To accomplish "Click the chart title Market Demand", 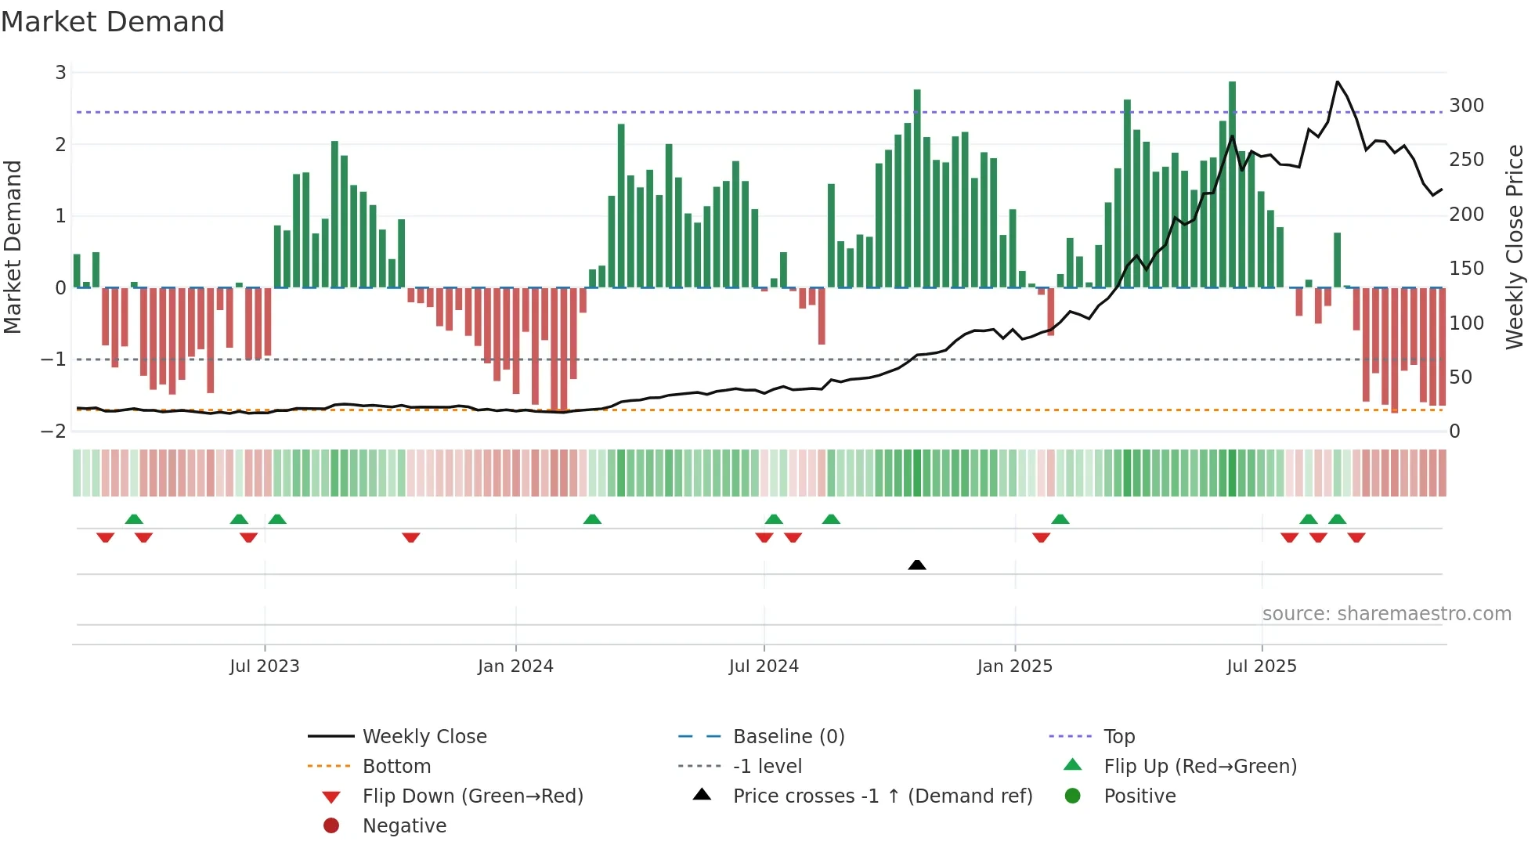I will [x=113, y=22].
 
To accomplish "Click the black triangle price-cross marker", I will [x=917, y=565].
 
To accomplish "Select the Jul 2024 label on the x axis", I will [x=764, y=666].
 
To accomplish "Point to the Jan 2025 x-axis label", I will [x=1015, y=666].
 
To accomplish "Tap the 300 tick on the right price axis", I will [x=1466, y=106].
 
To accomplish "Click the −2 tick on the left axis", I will [x=53, y=431].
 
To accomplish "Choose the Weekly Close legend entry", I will [x=424, y=737].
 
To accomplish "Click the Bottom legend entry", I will [x=396, y=767].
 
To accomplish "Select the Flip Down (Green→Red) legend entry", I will [x=472, y=796].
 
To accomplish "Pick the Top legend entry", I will [x=1119, y=737].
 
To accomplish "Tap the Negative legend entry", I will [x=404, y=826].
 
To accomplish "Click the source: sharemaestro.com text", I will [x=1386, y=614].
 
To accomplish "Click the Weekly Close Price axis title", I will [x=1515, y=247].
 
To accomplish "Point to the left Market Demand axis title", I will [x=13, y=247].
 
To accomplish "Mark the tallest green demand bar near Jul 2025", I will [x=1232, y=184].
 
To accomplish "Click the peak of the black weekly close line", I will [x=1338, y=81].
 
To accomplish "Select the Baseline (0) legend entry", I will [x=788, y=737].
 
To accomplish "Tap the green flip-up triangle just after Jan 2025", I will [x=1060, y=519].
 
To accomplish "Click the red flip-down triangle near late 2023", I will [x=411, y=537].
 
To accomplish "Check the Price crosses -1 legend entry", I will [x=882, y=796].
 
